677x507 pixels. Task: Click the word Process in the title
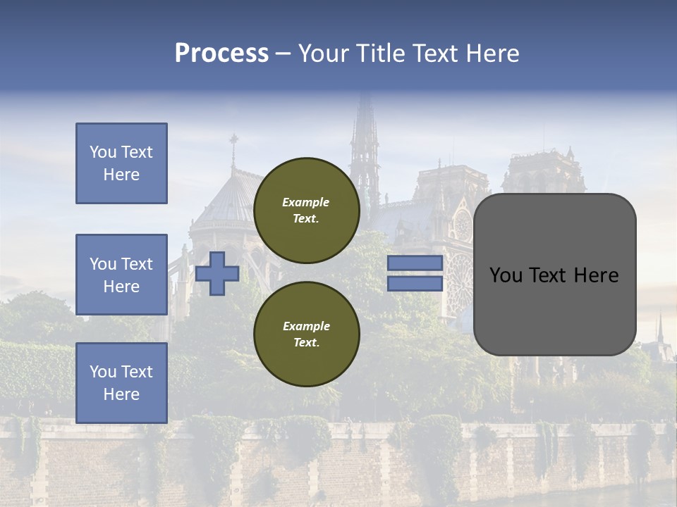tap(221, 54)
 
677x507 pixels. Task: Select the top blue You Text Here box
tap(121, 163)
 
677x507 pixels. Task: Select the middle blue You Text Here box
tap(121, 275)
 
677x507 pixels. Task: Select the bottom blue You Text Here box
tap(121, 383)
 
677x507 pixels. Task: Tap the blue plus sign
tap(217, 273)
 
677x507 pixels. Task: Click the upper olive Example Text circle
tap(307, 210)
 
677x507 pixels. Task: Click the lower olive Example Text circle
tap(307, 334)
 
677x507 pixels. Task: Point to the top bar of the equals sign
tap(415, 263)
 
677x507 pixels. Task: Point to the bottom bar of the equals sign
tap(415, 283)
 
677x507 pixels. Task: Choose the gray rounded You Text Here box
tap(554, 275)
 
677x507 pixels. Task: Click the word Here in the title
tap(492, 54)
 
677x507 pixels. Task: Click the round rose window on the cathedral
tap(463, 225)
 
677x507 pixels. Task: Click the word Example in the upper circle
tap(305, 202)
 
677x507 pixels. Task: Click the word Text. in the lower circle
tap(306, 342)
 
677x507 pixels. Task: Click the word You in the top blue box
tap(102, 152)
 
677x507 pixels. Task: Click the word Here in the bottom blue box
tap(121, 394)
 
